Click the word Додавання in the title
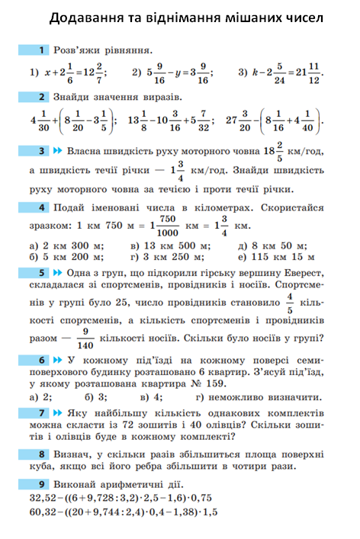pos(92,18)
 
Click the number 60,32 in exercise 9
pos(43,513)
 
